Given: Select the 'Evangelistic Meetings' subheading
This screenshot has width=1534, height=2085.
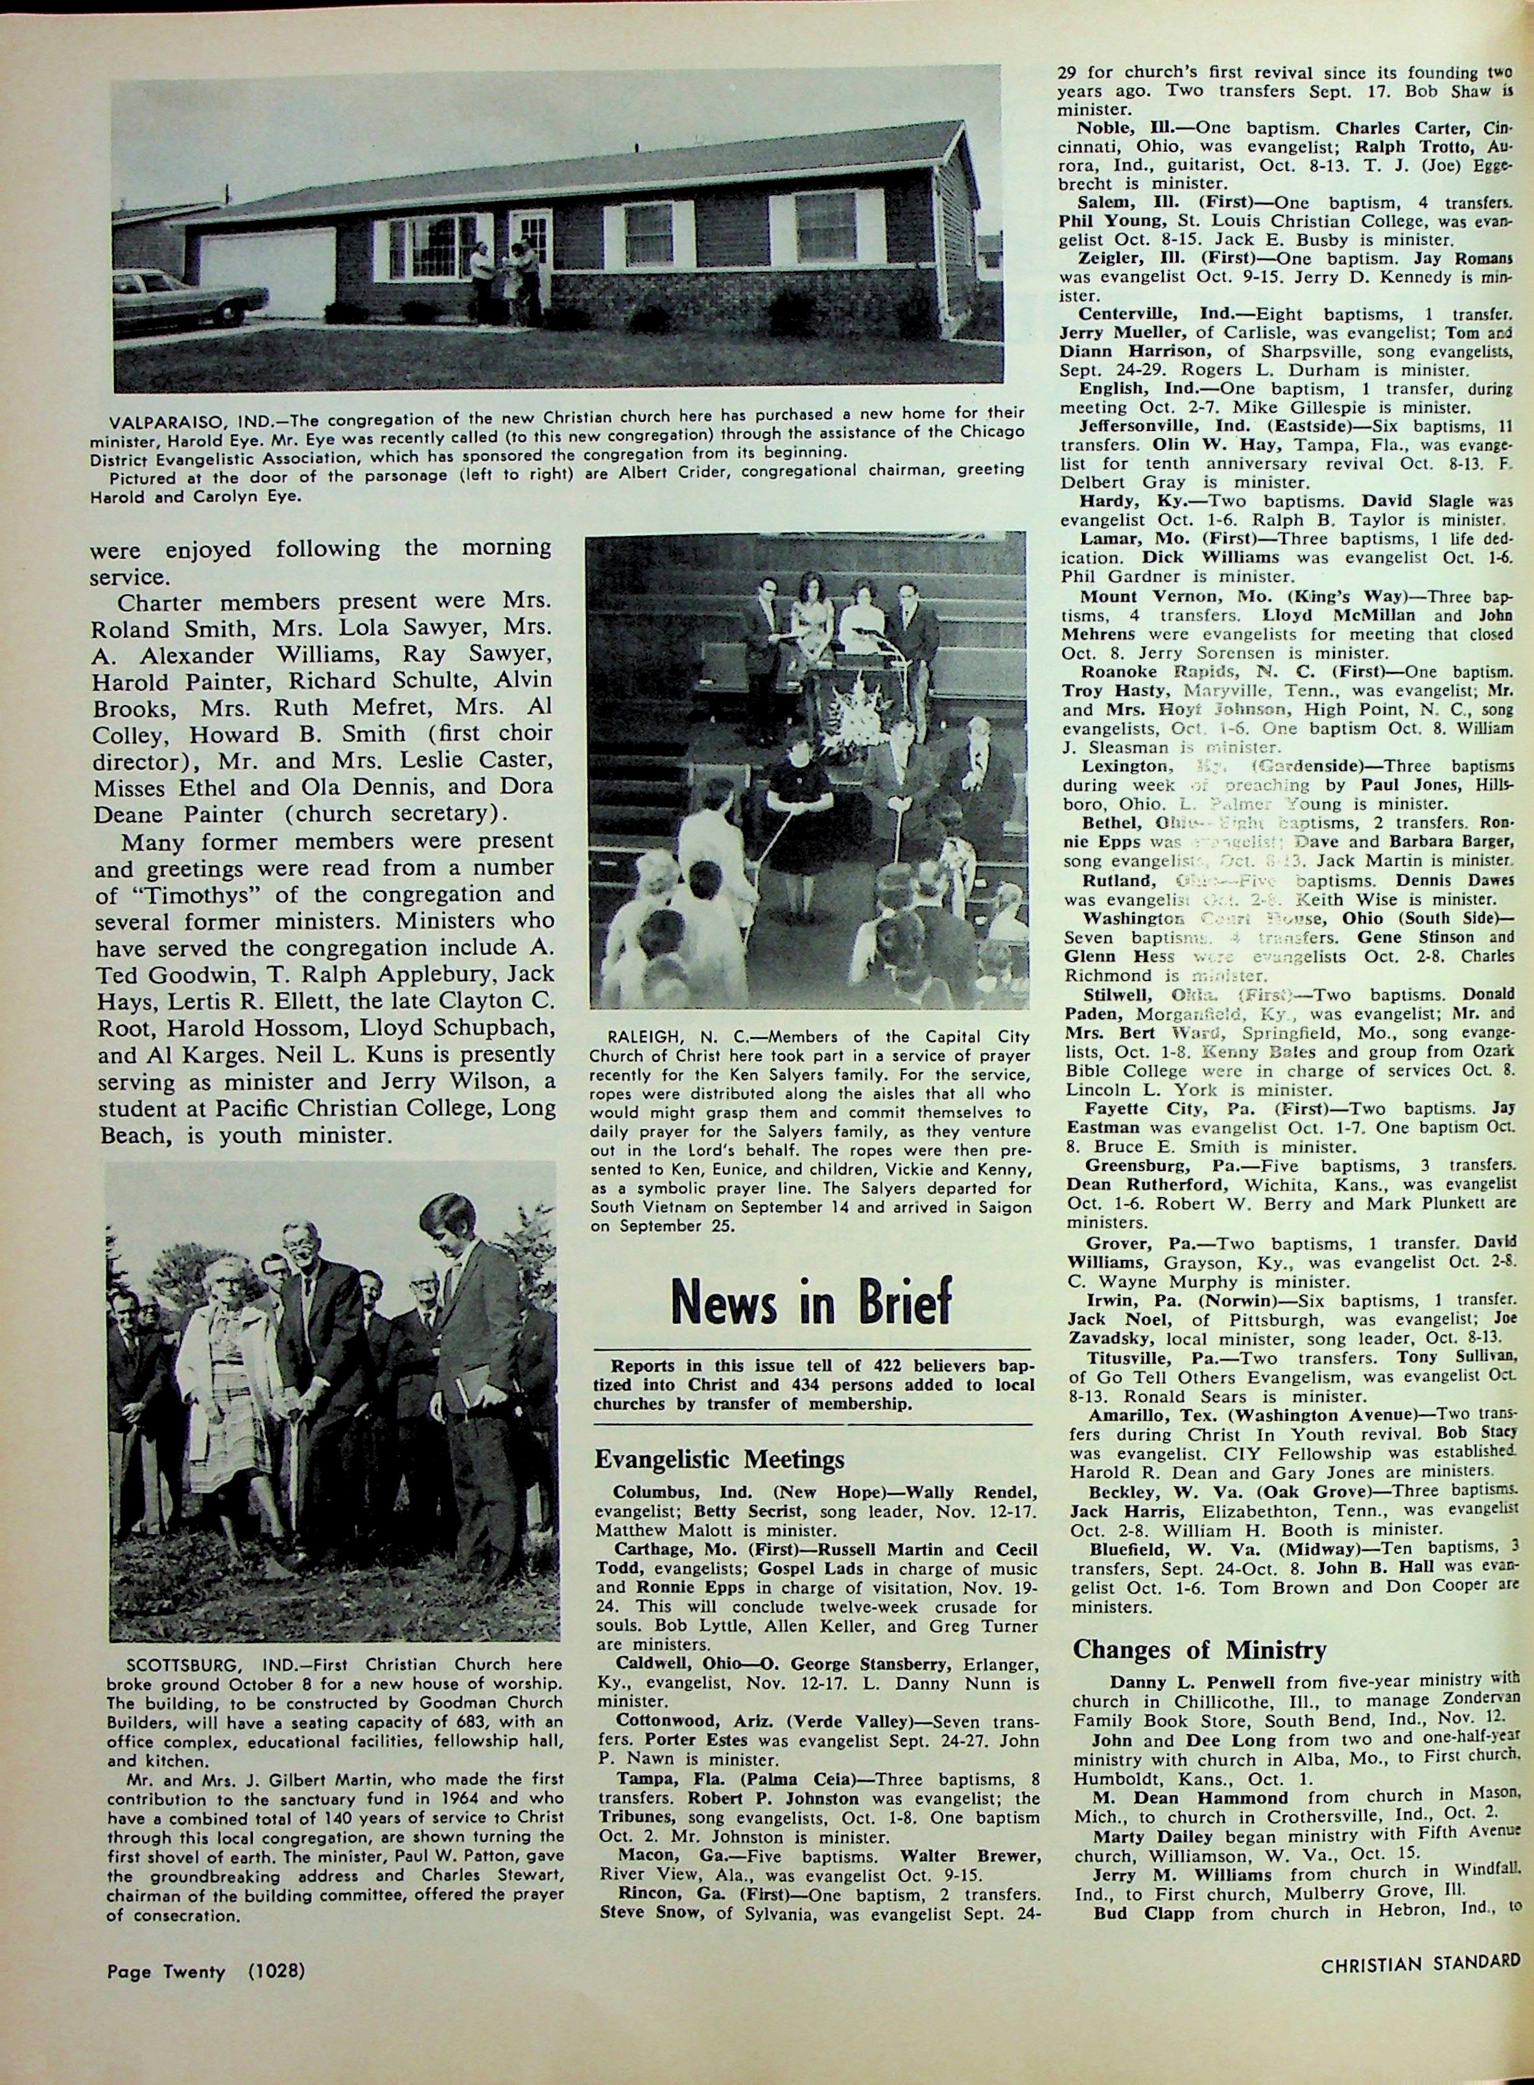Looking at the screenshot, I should point(720,1460).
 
